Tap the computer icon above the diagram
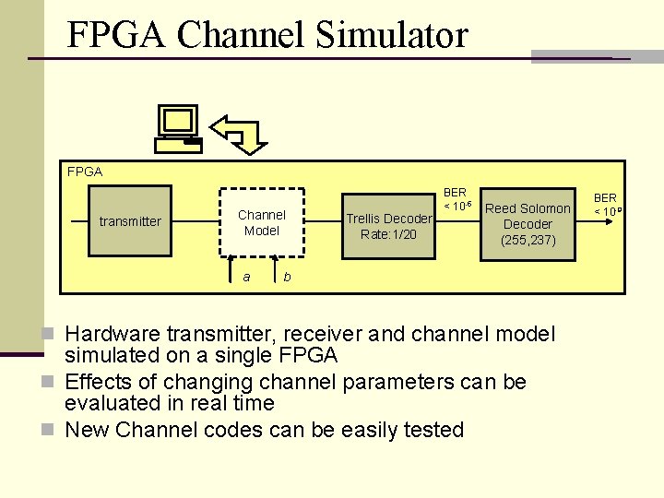coord(178,128)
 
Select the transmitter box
coord(130,221)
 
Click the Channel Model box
coord(262,222)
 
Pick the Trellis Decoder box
coord(388,226)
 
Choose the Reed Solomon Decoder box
coord(528,223)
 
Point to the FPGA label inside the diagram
coord(85,172)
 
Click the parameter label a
coord(246,276)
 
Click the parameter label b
coord(288,276)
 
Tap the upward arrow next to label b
coord(275,273)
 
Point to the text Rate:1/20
coord(388,234)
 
